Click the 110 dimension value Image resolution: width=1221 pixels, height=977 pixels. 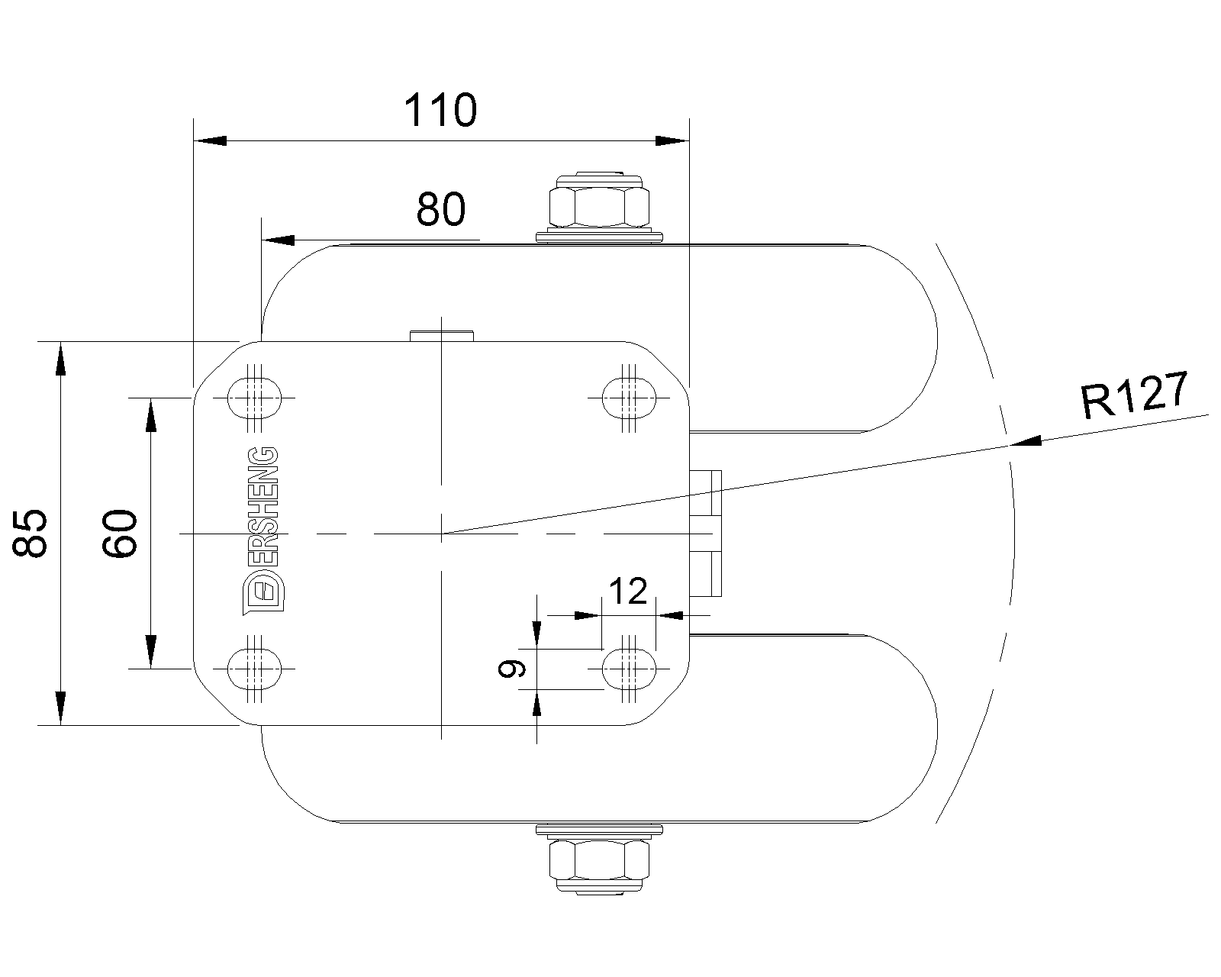[440, 111]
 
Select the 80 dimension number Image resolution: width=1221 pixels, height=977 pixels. [440, 209]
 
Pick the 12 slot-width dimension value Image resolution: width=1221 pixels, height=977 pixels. [629, 591]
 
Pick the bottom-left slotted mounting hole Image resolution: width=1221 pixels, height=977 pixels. [255, 669]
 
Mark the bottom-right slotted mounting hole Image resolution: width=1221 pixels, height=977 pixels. [629, 669]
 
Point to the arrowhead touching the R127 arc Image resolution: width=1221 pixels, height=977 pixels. [1026, 441]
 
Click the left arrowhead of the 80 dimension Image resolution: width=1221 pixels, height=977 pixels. [278, 240]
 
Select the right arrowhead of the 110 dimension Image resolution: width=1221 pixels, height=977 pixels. [672, 140]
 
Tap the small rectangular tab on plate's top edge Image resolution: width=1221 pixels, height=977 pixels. [442, 336]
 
